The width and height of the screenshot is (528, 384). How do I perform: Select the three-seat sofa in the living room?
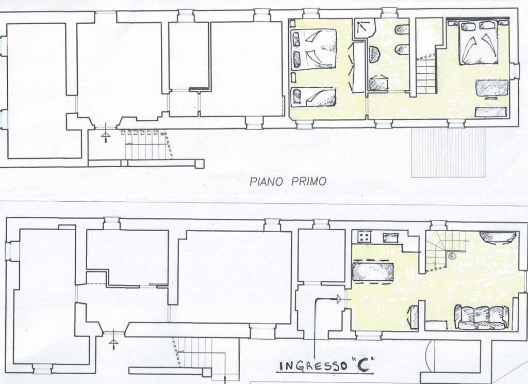(482, 317)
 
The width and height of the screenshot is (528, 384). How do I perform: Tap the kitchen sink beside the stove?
(391, 238)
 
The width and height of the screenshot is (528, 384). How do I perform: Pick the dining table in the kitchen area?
(372, 271)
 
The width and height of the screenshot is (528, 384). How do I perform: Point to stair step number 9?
(163, 134)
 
